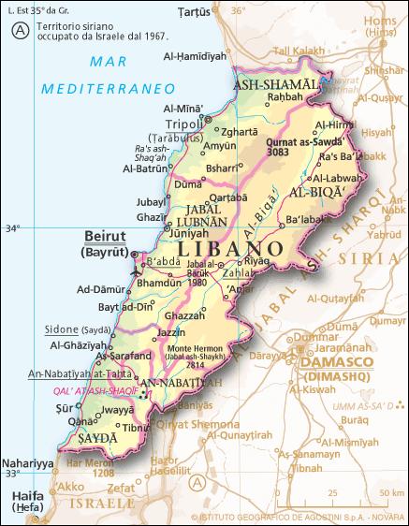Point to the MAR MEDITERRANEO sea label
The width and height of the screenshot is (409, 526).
[110, 76]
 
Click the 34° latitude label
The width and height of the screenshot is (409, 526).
[12, 227]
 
